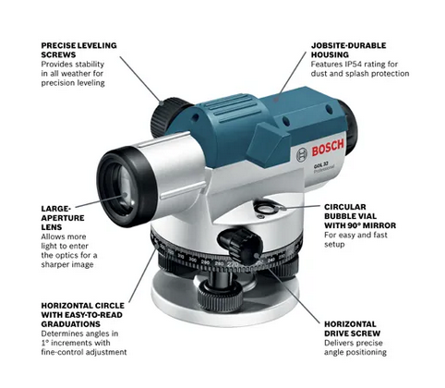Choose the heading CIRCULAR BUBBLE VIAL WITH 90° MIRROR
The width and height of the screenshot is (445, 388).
pos(365,217)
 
